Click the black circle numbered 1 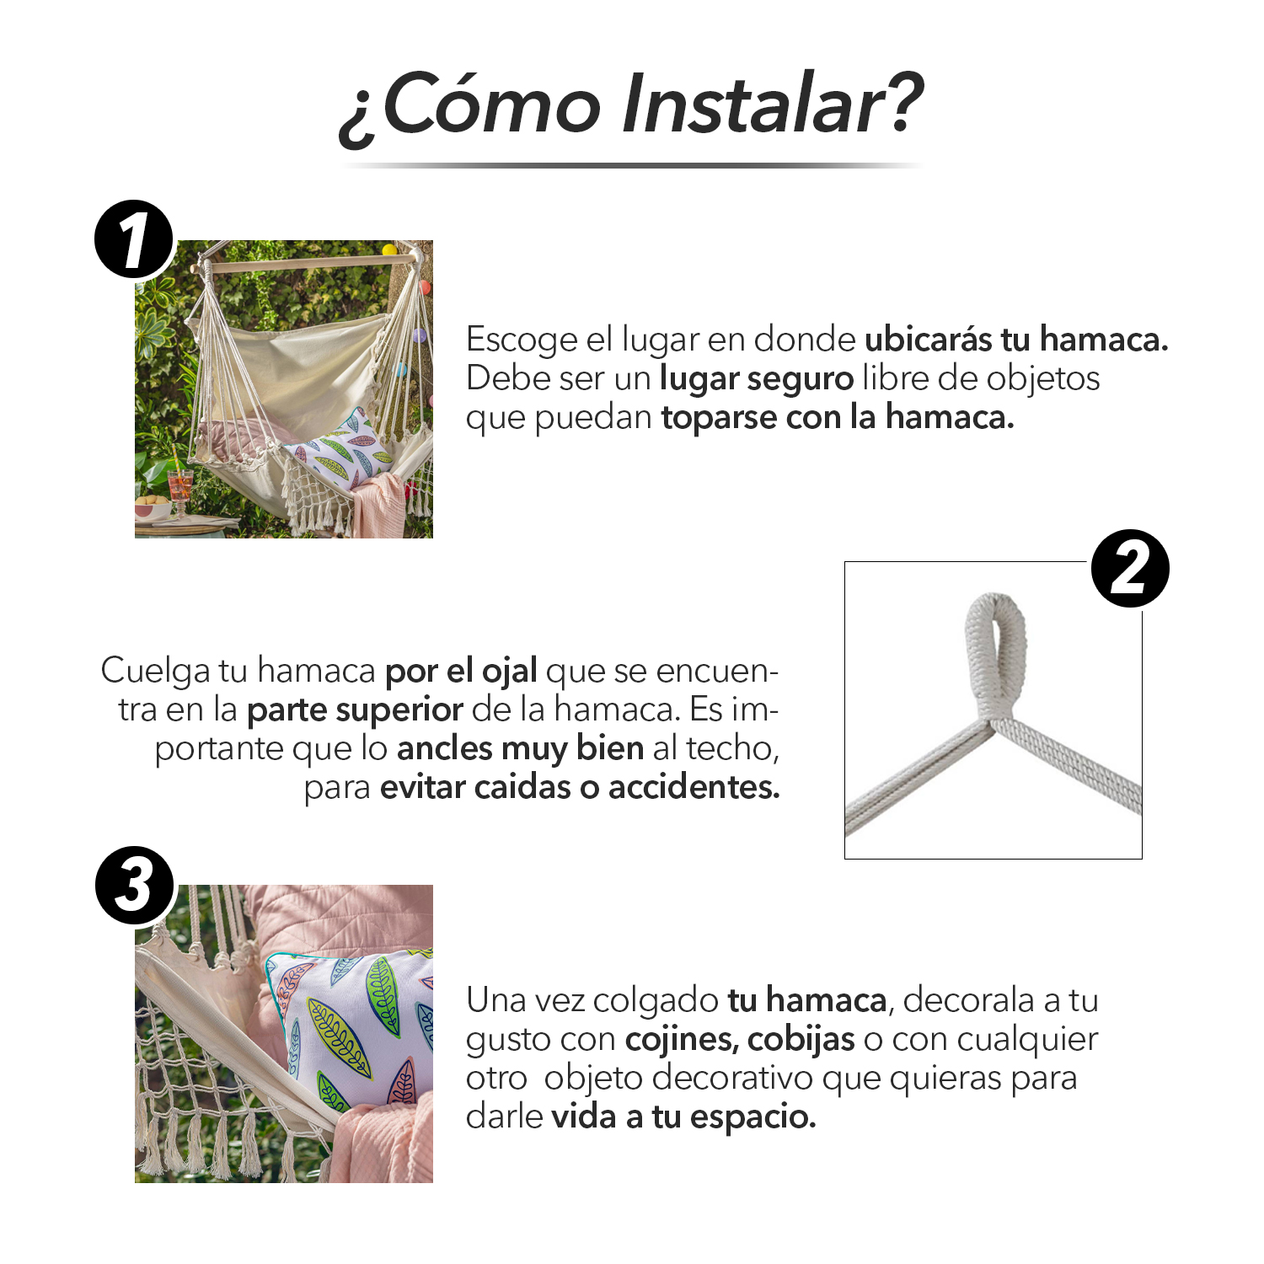click(134, 239)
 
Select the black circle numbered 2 click(1130, 568)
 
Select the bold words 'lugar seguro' click(757, 379)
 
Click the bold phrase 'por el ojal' click(461, 672)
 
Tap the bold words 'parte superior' click(355, 710)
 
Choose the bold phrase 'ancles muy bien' click(521, 749)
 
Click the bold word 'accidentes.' click(694, 787)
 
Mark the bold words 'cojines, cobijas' click(740, 1040)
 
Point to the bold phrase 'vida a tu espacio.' click(683, 1117)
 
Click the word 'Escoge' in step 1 click(522, 340)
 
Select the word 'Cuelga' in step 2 click(156, 672)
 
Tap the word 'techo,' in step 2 click(732, 748)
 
